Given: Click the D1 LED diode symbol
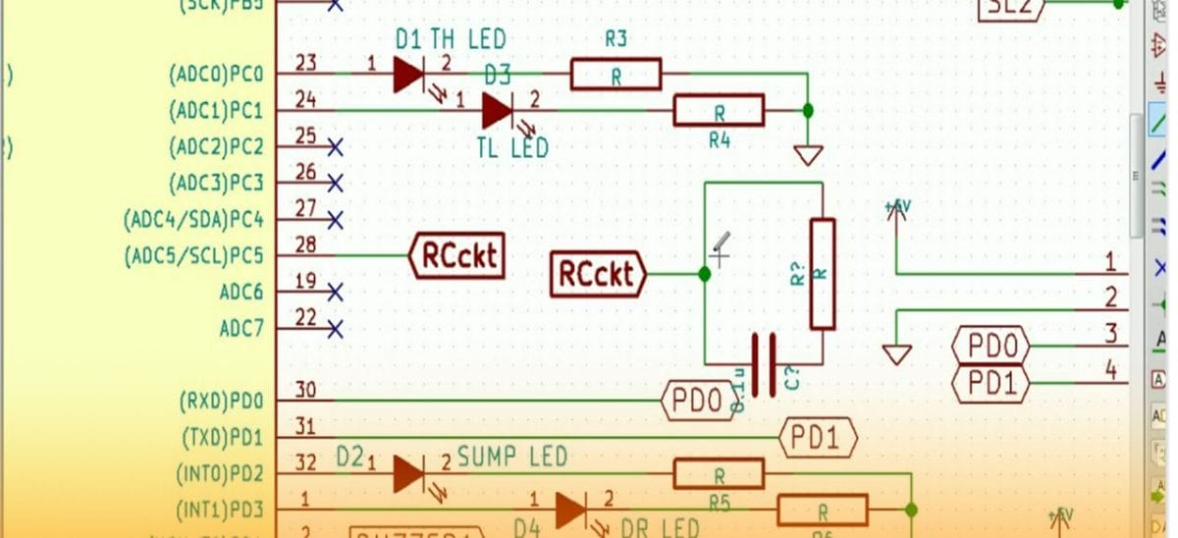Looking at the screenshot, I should [408, 74].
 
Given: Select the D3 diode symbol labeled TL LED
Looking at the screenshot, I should [497, 110].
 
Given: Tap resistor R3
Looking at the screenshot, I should [616, 74].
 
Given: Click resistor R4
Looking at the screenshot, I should [719, 110].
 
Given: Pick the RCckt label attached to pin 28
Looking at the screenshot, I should [456, 256].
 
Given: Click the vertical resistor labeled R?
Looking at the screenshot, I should [822, 274].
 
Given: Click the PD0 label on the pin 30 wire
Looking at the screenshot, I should [699, 401].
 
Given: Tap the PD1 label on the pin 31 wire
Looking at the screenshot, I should [818, 437].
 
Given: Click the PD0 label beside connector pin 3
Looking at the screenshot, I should [991, 347].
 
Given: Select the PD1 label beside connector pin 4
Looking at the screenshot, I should [991, 383].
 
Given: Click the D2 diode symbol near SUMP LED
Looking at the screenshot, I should [408, 474].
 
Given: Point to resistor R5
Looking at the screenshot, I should [719, 474].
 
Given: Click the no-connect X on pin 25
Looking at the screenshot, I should [335, 147].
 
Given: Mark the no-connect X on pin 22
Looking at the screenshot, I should [335, 328].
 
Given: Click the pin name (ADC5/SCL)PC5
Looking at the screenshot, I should [193, 256].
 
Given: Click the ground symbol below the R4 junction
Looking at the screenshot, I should [808, 155].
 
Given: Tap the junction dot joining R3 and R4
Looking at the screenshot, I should [808, 110].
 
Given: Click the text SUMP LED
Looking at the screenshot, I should [512, 457].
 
